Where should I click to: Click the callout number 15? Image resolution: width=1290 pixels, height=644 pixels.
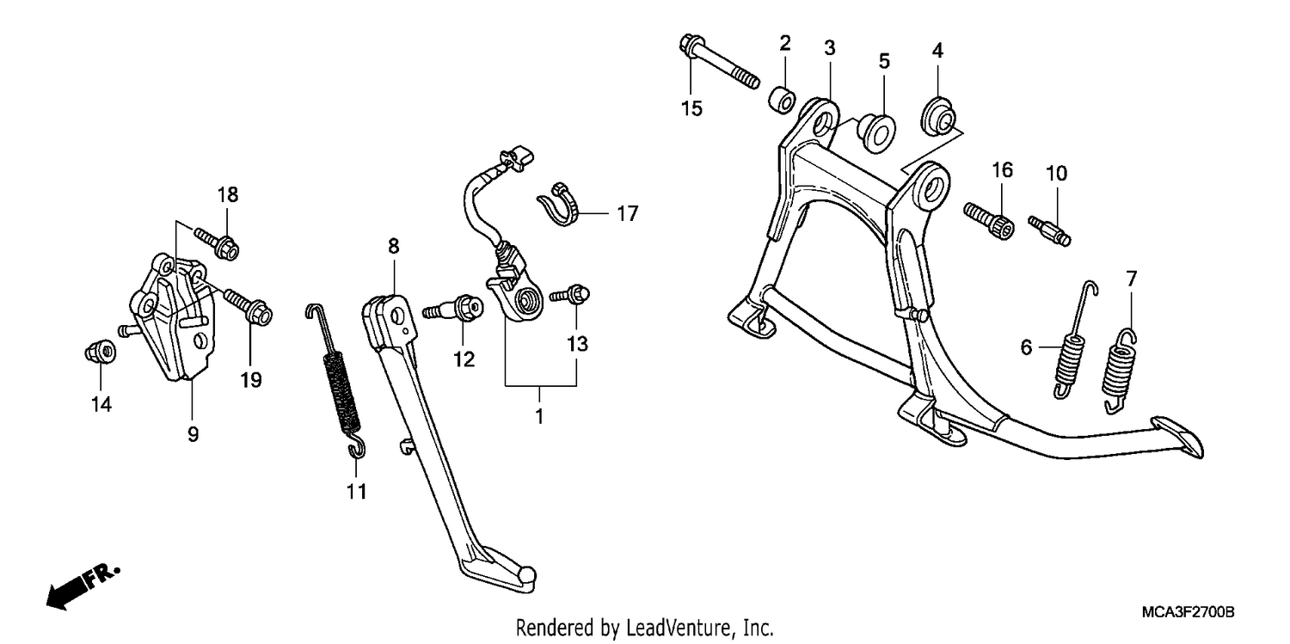pyautogui.click(x=691, y=108)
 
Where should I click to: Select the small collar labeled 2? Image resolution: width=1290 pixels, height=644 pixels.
pyautogui.click(x=782, y=100)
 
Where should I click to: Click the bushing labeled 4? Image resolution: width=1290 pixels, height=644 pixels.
pyautogui.click(x=938, y=117)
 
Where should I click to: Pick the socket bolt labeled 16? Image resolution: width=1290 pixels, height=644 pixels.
pyautogui.click(x=989, y=221)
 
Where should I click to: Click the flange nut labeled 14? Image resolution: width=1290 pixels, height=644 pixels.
pyautogui.click(x=100, y=353)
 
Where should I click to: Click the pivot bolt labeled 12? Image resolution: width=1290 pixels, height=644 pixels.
pyautogui.click(x=453, y=310)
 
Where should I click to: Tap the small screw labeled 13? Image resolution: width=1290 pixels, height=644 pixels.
pyautogui.click(x=569, y=295)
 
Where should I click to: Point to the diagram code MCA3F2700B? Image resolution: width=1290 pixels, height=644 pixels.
pyautogui.click(x=1188, y=612)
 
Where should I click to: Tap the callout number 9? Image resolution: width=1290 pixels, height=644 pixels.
pyautogui.click(x=193, y=434)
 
